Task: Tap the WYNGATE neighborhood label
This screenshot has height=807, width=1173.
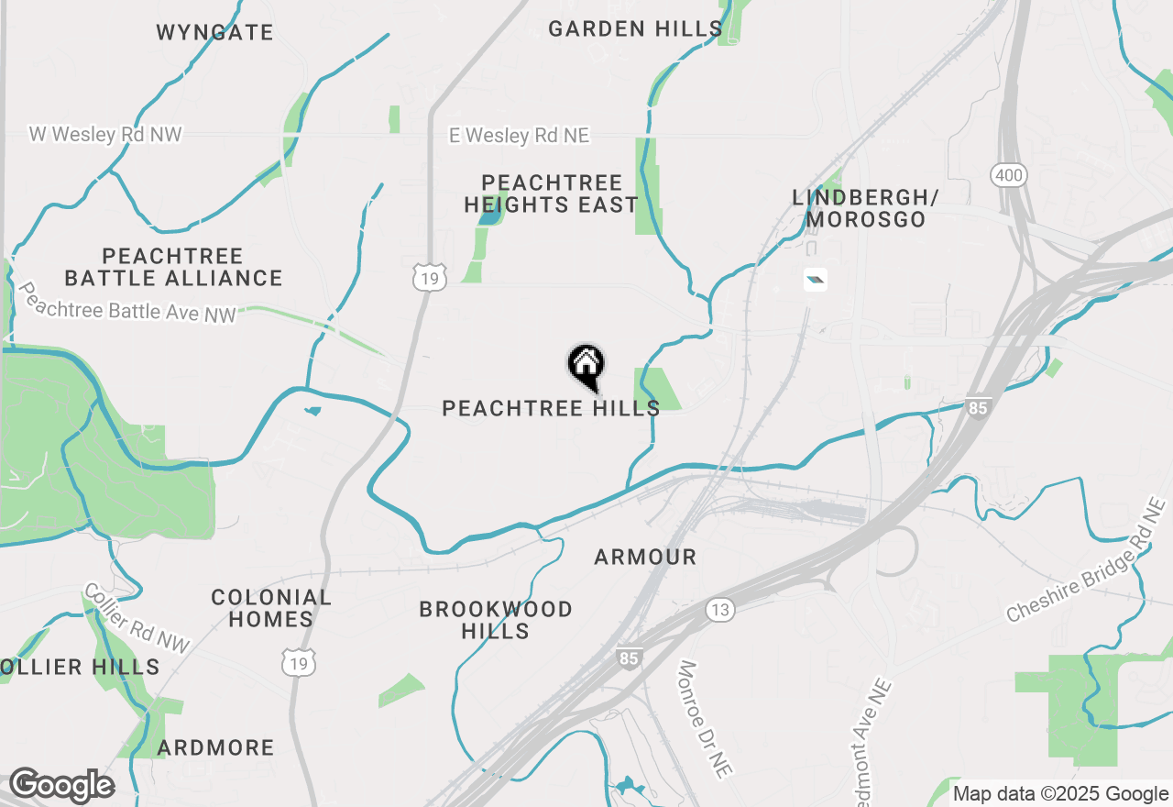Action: [x=214, y=33]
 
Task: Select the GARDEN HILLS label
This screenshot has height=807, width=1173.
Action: [x=635, y=29]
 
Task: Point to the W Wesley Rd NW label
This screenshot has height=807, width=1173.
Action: [x=105, y=135]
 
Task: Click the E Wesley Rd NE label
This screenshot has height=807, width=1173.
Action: [x=519, y=136]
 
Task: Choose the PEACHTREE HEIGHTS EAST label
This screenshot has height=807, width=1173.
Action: [x=551, y=193]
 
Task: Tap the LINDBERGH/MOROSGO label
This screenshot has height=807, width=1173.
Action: [x=866, y=208]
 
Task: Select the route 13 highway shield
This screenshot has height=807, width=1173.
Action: [x=720, y=609]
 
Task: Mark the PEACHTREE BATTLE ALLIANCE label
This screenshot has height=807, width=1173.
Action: [x=173, y=267]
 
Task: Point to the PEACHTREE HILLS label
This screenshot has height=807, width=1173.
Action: [x=551, y=408]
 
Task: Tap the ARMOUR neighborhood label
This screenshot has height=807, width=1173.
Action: [x=645, y=557]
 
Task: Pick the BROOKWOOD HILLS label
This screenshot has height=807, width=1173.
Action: [x=496, y=620]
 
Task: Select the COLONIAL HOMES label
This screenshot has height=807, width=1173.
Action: [x=271, y=608]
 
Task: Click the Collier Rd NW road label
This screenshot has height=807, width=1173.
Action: [x=137, y=619]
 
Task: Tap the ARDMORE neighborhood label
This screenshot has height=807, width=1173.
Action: [x=215, y=747]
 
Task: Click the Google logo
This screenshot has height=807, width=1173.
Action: [x=60, y=786]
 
